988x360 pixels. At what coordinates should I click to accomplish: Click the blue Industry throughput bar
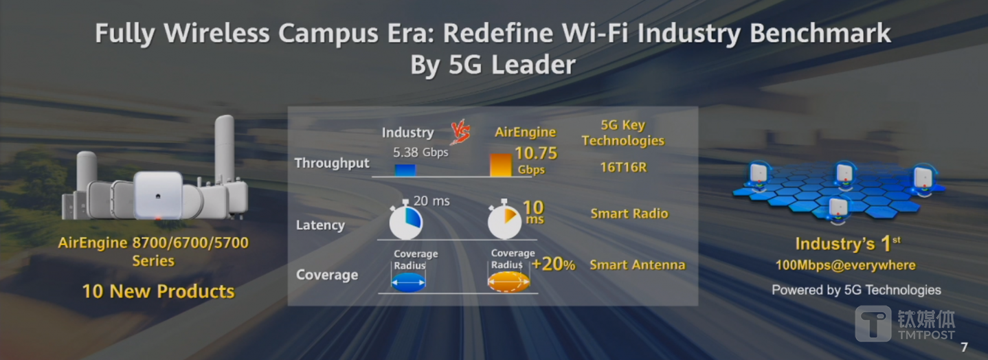coord(405,170)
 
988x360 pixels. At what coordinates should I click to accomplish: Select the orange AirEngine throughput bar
coord(500,165)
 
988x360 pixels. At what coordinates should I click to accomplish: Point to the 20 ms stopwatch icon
coord(405,221)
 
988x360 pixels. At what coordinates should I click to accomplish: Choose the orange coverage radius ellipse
coord(508,282)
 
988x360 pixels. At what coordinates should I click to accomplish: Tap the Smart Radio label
coord(629,214)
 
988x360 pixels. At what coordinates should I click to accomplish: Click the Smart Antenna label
coord(637,265)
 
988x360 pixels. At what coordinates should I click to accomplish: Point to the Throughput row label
coord(332,163)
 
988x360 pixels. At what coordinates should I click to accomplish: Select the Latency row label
coord(320,225)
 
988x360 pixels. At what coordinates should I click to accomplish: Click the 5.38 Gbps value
coord(420,152)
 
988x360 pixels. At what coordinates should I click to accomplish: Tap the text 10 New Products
coord(158,291)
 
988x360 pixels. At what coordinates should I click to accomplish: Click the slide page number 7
coord(964,347)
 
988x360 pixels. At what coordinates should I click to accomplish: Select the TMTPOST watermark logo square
coord(873,324)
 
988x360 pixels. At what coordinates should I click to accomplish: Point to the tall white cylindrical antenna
coord(225,148)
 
